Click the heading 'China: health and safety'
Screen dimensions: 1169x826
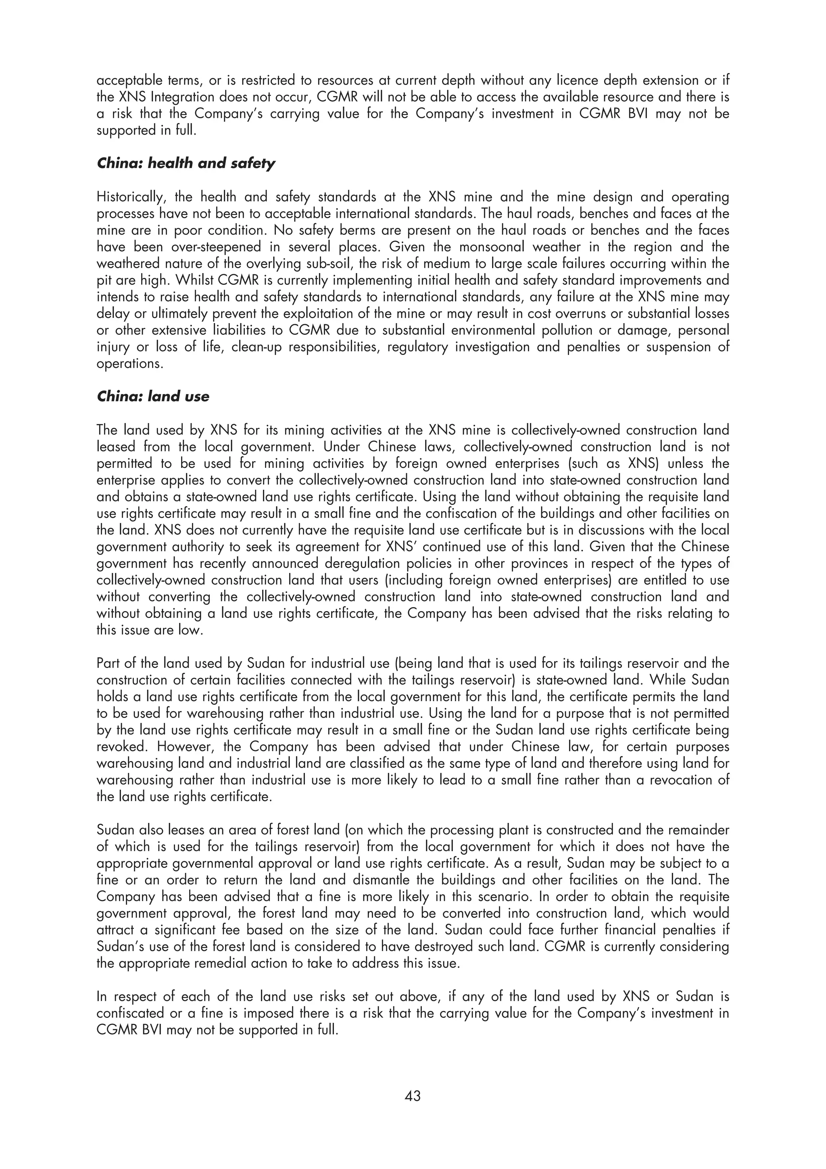tap(186, 163)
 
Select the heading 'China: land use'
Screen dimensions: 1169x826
tap(153, 397)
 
